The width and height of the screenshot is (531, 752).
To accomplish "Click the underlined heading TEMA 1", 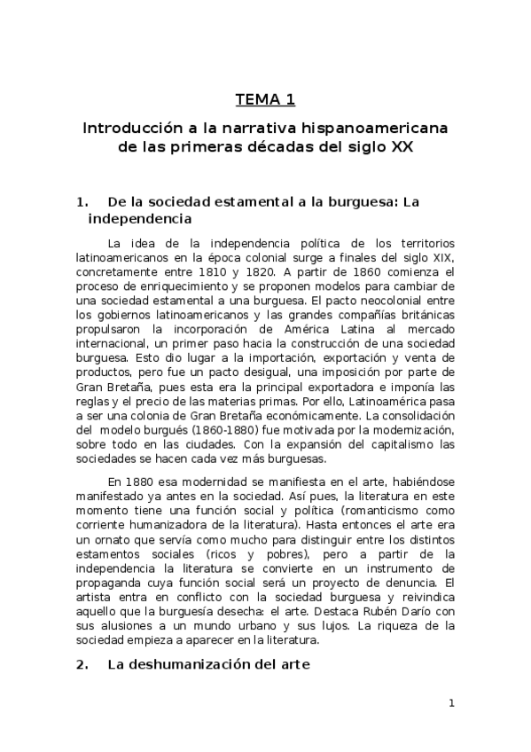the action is [x=265, y=98].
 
